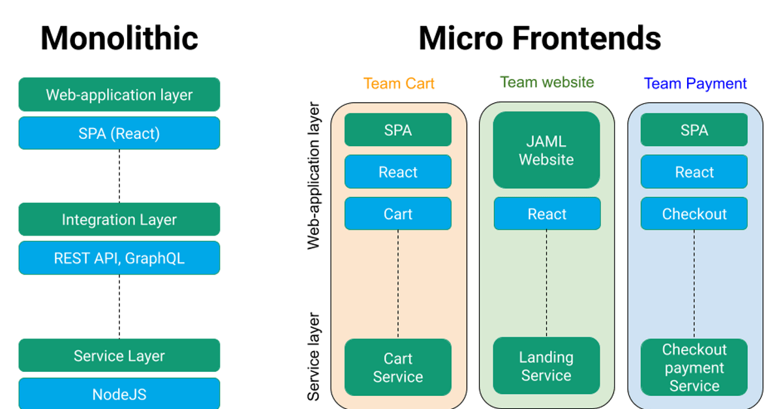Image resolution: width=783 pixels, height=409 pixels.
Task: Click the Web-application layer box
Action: tap(119, 95)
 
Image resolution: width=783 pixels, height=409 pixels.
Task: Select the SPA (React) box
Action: tap(119, 134)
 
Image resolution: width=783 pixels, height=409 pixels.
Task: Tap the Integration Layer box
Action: tap(119, 220)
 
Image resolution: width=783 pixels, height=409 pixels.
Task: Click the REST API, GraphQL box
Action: tap(119, 258)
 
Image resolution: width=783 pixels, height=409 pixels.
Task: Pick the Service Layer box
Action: tap(119, 356)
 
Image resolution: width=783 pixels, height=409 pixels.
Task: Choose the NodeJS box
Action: tap(119, 394)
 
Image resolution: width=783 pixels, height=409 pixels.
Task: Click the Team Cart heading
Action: tap(399, 83)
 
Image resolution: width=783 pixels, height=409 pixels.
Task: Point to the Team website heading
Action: tap(547, 82)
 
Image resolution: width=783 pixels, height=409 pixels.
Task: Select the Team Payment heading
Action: tap(695, 83)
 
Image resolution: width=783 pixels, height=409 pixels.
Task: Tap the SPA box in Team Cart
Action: tap(398, 130)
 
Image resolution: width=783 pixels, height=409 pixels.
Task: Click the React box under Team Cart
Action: tap(398, 172)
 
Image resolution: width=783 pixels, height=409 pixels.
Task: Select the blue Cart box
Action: tap(398, 214)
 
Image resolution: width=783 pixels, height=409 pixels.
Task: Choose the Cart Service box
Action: tap(398, 367)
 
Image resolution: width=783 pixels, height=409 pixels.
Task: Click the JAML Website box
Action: tap(547, 151)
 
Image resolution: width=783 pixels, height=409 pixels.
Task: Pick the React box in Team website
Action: tap(547, 214)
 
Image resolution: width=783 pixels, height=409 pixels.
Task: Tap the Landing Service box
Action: tap(547, 366)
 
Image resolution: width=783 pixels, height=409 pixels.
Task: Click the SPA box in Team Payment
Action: tap(694, 130)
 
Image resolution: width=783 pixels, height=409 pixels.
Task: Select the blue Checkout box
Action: tap(694, 214)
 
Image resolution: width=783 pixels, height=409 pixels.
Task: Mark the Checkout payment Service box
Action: tap(694, 367)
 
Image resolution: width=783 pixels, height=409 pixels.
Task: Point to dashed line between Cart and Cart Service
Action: tap(398, 284)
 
